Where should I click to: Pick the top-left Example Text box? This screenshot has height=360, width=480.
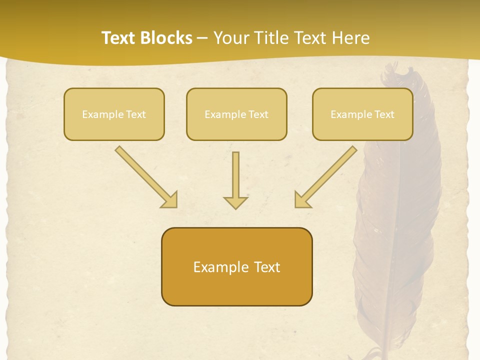pyautogui.click(x=114, y=114)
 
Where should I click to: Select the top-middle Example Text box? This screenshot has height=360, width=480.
pyautogui.click(x=236, y=114)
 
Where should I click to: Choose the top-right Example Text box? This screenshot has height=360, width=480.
pyautogui.click(x=362, y=114)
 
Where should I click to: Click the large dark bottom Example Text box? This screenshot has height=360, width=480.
pyautogui.click(x=236, y=266)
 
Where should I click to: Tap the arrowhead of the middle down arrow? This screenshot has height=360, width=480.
pyautogui.click(x=235, y=202)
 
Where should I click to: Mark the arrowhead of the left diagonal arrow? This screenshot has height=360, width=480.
pyautogui.click(x=170, y=200)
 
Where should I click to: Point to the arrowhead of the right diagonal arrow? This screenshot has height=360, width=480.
pyautogui.click(x=302, y=200)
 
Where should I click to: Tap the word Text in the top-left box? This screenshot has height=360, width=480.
pyautogui.click(x=135, y=114)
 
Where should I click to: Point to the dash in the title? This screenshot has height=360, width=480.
pyautogui.click(x=202, y=38)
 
